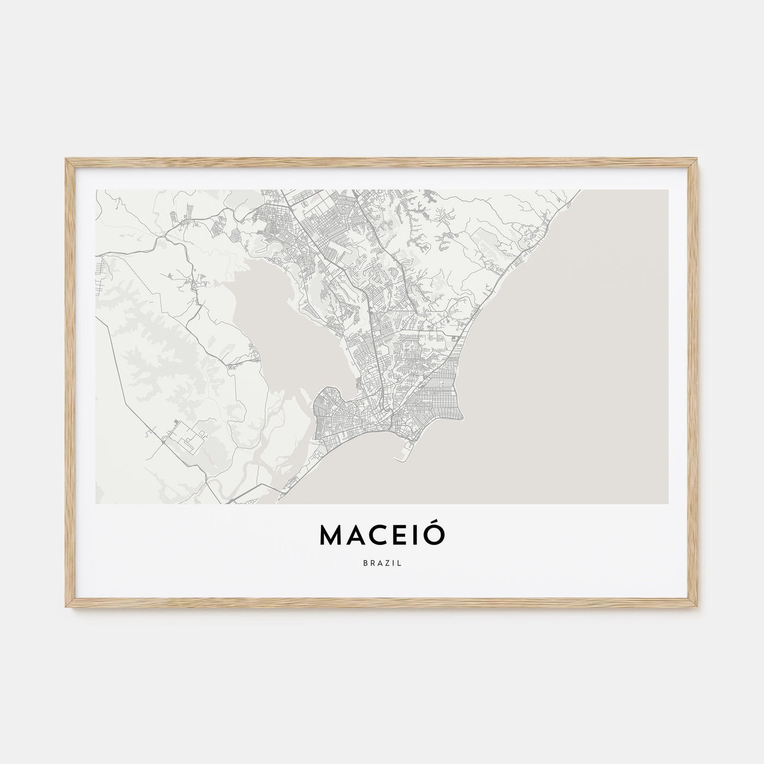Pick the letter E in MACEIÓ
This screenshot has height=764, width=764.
pyautogui.click(x=402, y=535)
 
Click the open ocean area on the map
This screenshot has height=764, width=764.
pyautogui.click(x=573, y=355)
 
